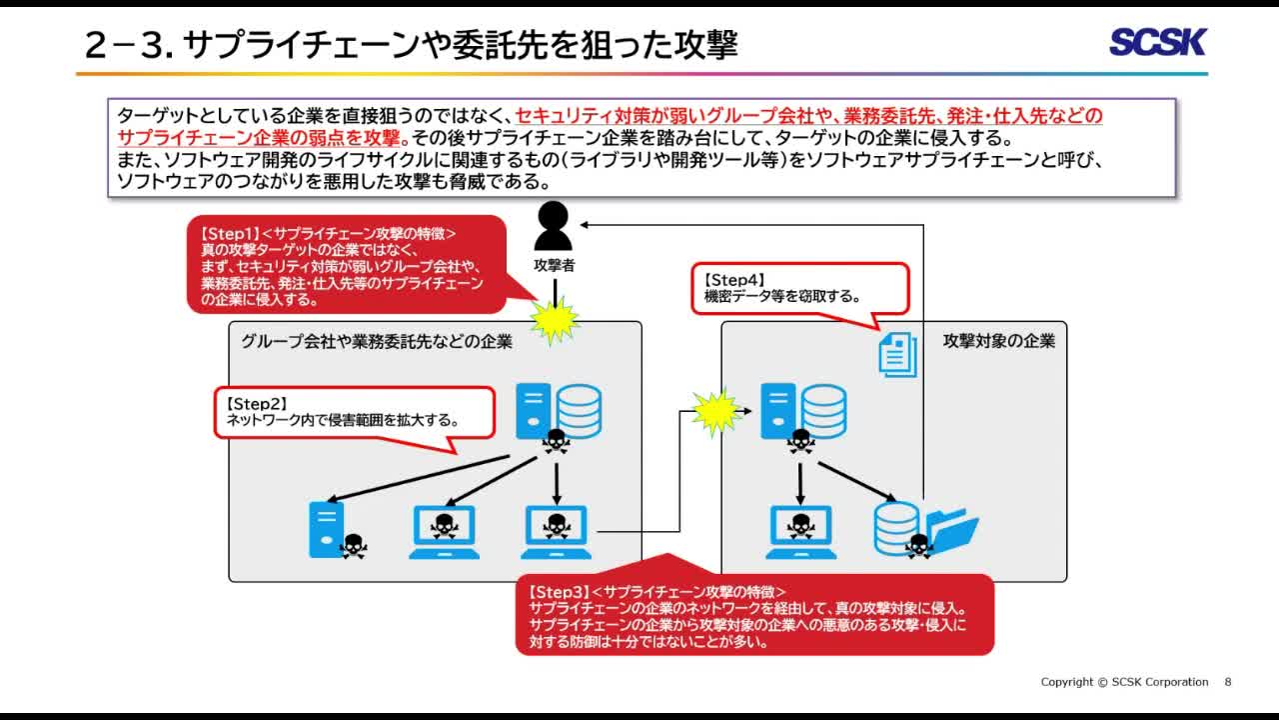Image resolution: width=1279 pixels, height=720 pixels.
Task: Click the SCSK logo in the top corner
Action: click(1158, 42)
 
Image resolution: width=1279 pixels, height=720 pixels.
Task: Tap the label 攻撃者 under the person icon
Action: click(554, 266)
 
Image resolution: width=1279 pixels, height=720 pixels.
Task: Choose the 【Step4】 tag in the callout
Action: click(734, 280)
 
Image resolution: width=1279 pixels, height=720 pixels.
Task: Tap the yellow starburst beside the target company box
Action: click(715, 412)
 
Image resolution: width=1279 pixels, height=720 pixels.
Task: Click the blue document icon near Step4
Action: click(897, 354)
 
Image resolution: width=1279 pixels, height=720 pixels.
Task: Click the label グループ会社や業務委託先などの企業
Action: click(377, 342)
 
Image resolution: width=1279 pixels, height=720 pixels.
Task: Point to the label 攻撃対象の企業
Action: click(998, 341)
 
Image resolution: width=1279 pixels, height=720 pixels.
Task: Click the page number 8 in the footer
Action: click(1228, 682)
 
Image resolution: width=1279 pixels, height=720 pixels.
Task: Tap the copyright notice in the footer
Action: click(1124, 682)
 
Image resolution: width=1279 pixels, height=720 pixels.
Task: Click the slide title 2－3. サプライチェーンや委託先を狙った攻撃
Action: click(411, 44)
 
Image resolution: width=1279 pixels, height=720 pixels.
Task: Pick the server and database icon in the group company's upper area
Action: click(559, 412)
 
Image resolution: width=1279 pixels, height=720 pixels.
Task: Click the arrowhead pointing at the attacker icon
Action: click(586, 225)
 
